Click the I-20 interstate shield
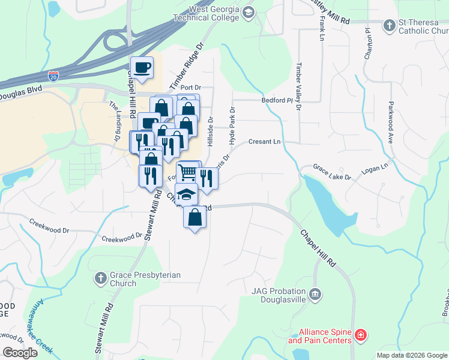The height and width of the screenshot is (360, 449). (x=53, y=76)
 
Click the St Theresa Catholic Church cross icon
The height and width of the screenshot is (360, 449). (x=390, y=25)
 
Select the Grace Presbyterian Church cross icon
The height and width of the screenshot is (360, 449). (x=101, y=278)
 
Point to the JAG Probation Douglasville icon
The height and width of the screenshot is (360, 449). (x=315, y=295)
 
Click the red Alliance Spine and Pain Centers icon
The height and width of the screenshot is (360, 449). (x=361, y=335)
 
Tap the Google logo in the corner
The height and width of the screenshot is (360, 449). (x=20, y=353)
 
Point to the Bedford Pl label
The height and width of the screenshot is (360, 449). (x=276, y=101)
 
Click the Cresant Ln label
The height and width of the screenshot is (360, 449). (x=265, y=142)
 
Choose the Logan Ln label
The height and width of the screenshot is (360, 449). (x=375, y=167)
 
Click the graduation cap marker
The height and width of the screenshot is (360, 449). (x=187, y=194)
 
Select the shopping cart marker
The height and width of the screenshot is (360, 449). (x=188, y=172)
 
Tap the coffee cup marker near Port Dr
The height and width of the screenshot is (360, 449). (x=142, y=67)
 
